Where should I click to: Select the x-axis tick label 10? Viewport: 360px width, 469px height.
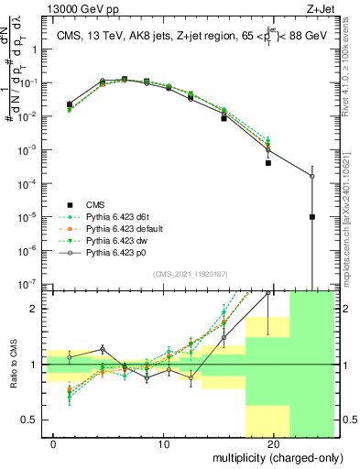tap(163, 444)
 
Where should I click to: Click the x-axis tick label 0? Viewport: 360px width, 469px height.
tap(53, 444)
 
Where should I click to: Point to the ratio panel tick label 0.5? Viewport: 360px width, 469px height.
tap(32, 420)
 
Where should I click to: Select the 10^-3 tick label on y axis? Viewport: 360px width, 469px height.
tap(30, 149)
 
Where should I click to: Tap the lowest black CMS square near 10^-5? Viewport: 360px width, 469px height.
tap(312, 217)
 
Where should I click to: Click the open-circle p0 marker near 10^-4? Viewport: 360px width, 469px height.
tap(312, 176)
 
